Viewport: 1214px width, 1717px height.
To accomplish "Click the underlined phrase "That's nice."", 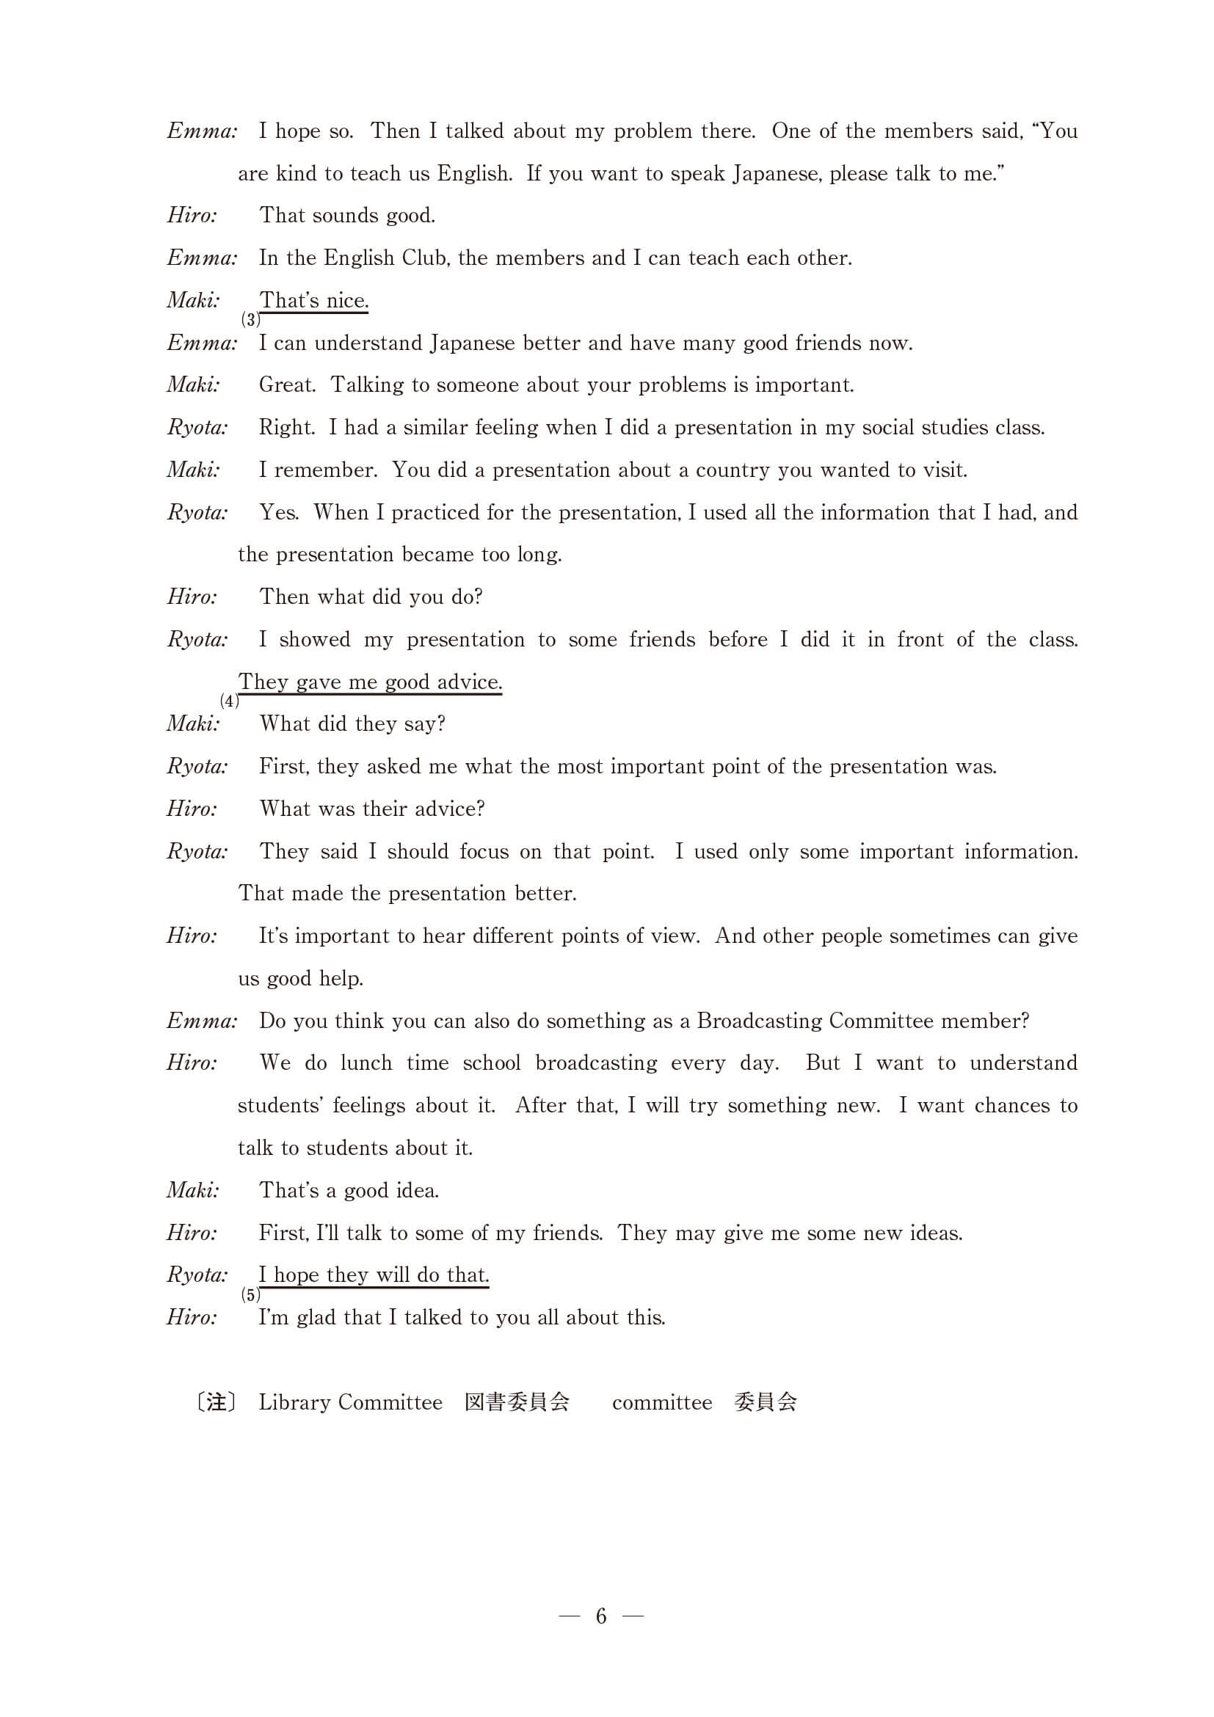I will (313, 301).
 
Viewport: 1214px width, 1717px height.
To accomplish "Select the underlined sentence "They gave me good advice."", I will (370, 682).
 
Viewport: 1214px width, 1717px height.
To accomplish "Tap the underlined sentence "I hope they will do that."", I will (374, 1275).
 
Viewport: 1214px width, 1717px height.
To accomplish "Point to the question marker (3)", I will (250, 320).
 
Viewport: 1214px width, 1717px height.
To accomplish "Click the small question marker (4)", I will (230, 701).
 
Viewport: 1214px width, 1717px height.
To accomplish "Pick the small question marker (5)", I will (250, 1295).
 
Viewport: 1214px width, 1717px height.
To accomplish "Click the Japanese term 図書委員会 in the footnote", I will (517, 1402).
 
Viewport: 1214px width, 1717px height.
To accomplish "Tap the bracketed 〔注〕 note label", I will (217, 1402).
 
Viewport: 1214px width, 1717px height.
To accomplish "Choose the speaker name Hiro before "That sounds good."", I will (192, 216).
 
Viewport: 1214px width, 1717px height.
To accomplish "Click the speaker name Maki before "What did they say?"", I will (194, 724).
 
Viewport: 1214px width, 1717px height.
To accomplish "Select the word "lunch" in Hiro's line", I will (366, 1063).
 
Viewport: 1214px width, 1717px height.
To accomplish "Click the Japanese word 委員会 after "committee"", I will (766, 1402).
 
